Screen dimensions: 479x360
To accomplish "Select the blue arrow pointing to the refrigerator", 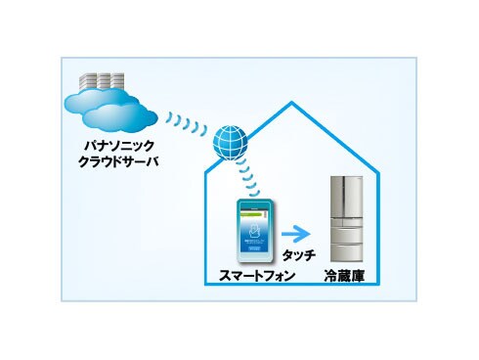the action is (x=294, y=235).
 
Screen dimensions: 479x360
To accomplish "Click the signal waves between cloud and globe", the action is (x=185, y=124).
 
